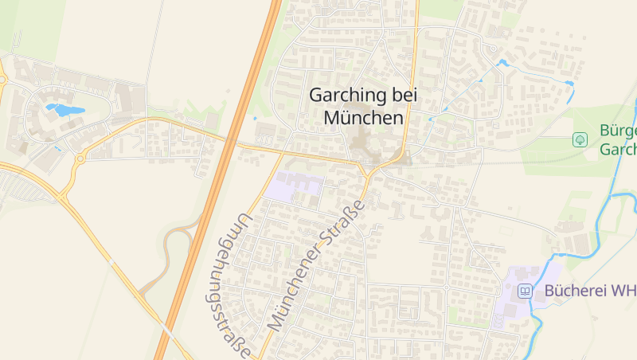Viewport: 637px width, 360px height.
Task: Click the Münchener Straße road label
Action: [316, 266]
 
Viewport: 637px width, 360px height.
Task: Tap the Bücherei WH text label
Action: [589, 291]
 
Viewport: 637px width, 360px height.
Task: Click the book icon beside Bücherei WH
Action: [525, 291]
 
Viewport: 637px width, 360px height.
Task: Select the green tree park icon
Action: [580, 140]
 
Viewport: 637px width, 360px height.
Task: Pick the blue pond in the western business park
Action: [64, 110]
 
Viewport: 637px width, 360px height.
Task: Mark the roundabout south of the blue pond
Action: [80, 158]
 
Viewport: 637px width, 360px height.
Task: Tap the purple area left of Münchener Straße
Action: [293, 186]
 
